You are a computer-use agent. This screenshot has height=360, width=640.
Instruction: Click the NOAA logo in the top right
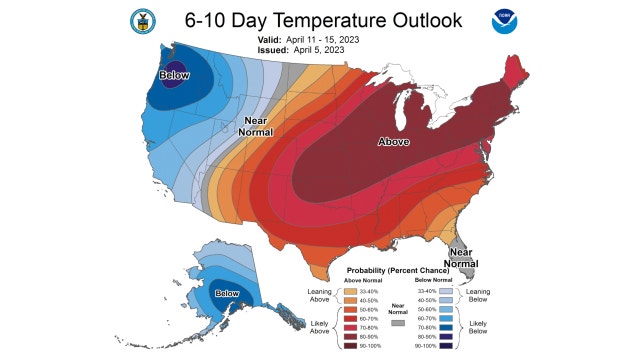(504, 20)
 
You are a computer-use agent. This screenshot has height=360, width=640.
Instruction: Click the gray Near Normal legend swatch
(397, 323)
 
